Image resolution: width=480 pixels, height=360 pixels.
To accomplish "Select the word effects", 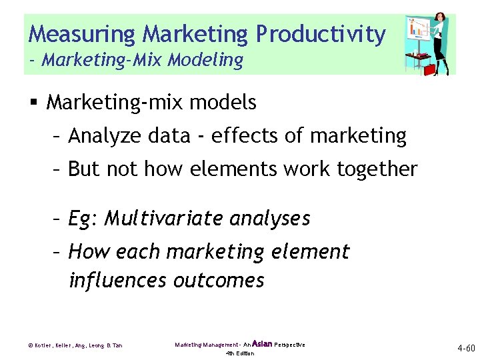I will (247, 136).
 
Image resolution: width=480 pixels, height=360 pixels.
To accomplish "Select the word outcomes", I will (219, 281).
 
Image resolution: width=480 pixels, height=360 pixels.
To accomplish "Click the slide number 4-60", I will (465, 348).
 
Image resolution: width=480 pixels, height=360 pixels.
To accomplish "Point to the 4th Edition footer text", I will (239, 353).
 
